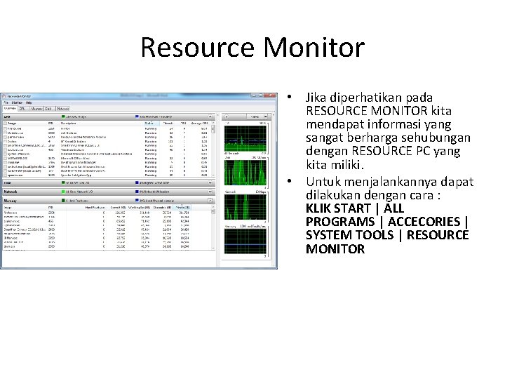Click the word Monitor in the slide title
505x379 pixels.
coord(320,48)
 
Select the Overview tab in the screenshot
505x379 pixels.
coord(10,109)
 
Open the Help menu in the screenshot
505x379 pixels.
coord(29,102)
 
